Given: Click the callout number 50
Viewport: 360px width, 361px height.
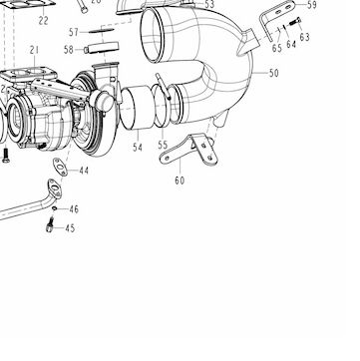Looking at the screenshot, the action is click(273, 73).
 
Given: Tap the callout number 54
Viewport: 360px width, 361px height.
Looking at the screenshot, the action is click(138, 147).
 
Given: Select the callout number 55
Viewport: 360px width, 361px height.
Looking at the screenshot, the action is click(163, 146).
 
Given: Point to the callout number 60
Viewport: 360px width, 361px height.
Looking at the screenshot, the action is click(180, 180).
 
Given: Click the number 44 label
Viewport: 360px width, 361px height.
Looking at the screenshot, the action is click(84, 171).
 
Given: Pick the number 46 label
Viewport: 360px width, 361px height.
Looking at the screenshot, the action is click(74, 209).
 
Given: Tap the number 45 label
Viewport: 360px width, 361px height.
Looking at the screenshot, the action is click(70, 228).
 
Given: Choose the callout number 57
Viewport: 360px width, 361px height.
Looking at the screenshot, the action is click(74, 32).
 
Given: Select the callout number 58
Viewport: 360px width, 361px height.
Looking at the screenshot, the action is click(69, 50).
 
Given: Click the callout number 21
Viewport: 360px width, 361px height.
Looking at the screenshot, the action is click(34, 50).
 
